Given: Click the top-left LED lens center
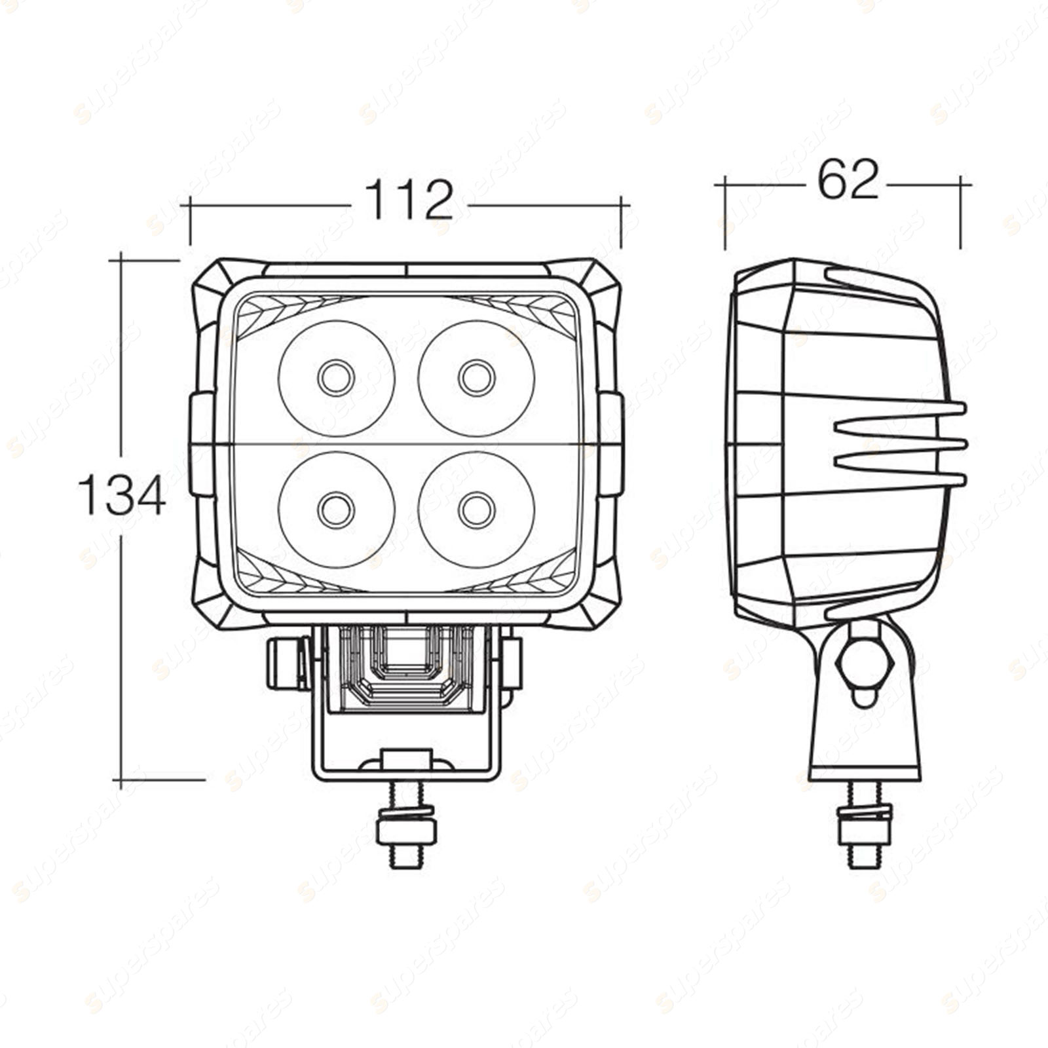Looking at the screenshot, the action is point(337,378).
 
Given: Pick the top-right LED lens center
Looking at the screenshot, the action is point(477,378).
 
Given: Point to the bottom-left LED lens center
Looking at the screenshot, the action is point(337,510).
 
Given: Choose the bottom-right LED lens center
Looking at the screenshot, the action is point(477,510).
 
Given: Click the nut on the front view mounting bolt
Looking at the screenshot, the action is point(406,830).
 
